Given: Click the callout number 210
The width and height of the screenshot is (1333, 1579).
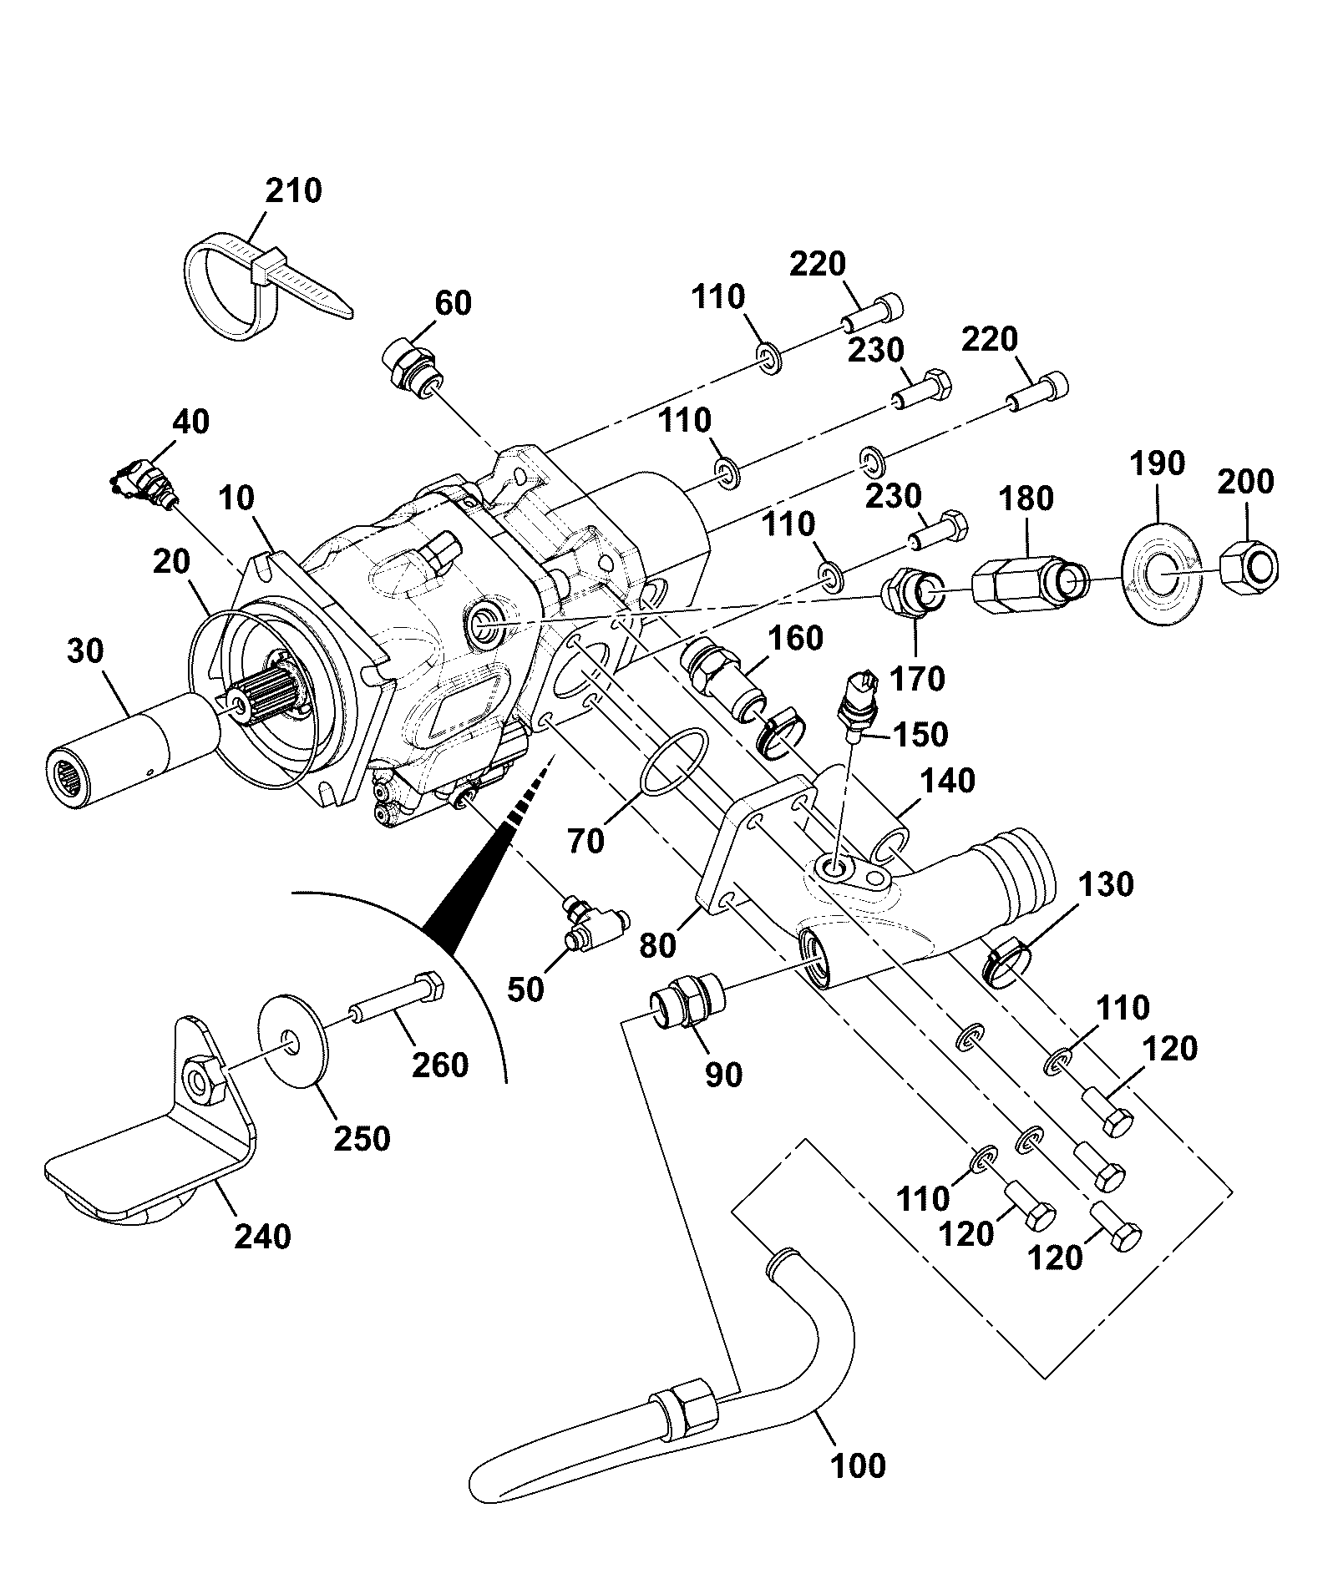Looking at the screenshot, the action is (x=294, y=191).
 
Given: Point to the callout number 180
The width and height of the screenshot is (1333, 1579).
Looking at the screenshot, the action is (x=1026, y=498).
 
